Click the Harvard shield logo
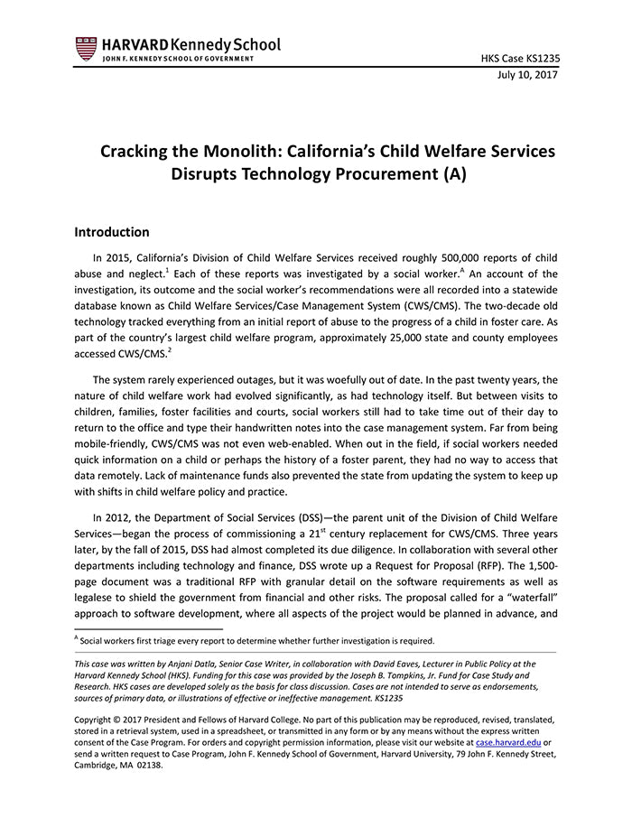[86, 48]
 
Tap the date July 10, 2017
[527, 76]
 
